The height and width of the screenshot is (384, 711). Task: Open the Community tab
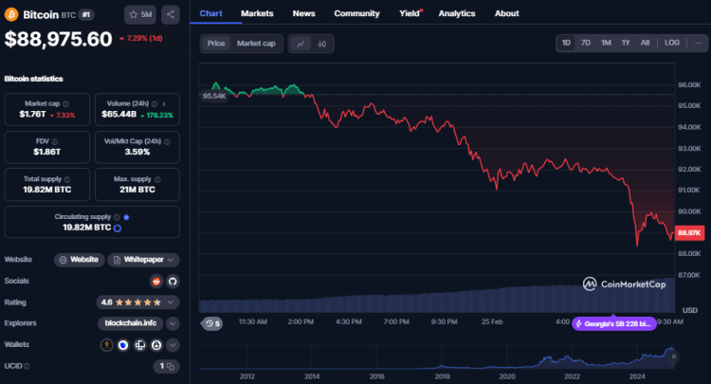coord(357,13)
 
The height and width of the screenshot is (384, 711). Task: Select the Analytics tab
coord(457,13)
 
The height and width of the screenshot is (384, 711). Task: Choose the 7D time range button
coord(585,43)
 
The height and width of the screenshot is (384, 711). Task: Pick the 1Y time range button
coord(626,43)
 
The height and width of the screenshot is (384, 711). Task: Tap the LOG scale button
coord(672,43)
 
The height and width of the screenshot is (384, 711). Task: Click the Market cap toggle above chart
coord(255,44)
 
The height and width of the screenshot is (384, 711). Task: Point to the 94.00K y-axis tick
coord(689,127)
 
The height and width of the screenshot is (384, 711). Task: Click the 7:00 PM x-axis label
coord(396,321)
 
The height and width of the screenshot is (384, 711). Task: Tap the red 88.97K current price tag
coord(689,232)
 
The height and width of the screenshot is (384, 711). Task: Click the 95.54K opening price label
coord(213,96)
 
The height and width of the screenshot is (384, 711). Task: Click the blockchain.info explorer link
coord(130,322)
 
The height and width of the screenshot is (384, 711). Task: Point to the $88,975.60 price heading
coord(59,39)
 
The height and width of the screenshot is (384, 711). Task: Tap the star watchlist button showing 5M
coord(140,14)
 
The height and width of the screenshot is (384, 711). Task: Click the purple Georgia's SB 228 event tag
coord(613,323)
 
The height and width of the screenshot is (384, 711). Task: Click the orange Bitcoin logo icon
coord(12,14)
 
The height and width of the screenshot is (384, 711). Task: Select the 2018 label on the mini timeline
coord(443,376)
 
